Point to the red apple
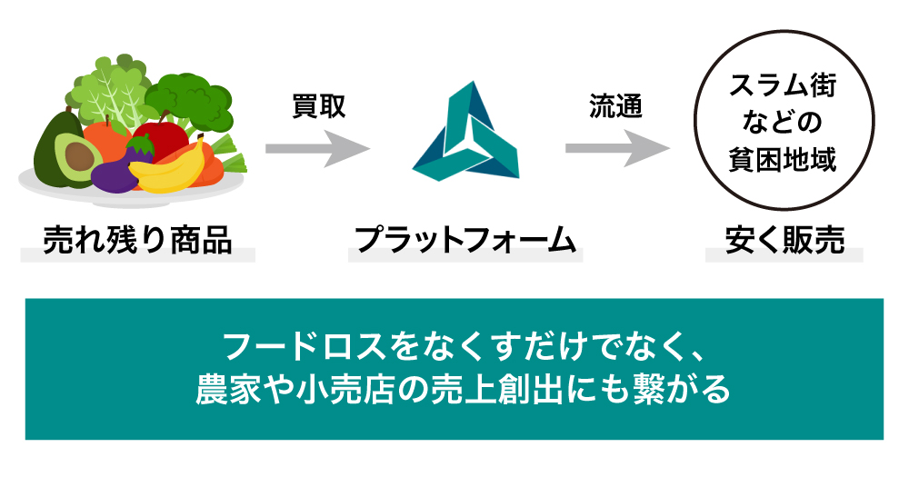click(159, 136)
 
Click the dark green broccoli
click(182, 95)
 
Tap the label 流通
click(615, 106)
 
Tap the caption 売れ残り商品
click(137, 240)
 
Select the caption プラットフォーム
click(465, 240)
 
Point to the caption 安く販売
click(784, 240)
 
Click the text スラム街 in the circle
click(783, 88)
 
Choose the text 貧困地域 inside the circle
click(783, 157)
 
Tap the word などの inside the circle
click(783, 123)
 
